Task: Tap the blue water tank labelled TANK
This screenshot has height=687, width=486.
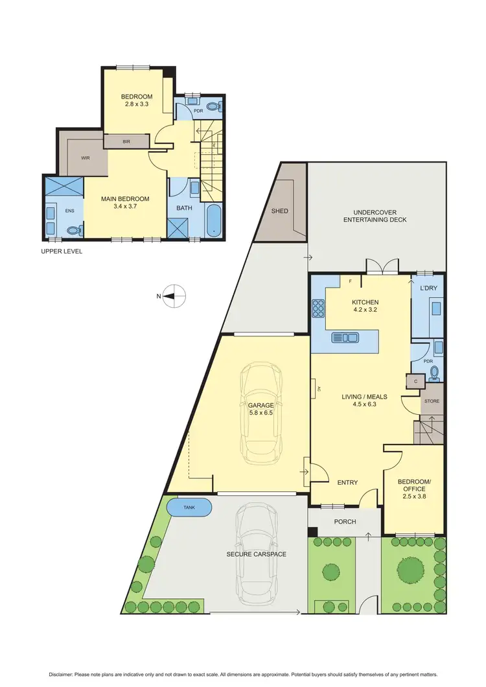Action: (189, 507)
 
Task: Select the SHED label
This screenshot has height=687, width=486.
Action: (279, 211)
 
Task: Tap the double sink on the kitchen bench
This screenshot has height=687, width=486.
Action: (345, 337)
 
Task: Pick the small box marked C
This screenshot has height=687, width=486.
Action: (414, 382)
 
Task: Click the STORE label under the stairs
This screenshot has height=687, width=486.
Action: (432, 401)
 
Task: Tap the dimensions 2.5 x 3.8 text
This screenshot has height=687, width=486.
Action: (414, 496)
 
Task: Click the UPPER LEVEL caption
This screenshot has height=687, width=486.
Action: (62, 251)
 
